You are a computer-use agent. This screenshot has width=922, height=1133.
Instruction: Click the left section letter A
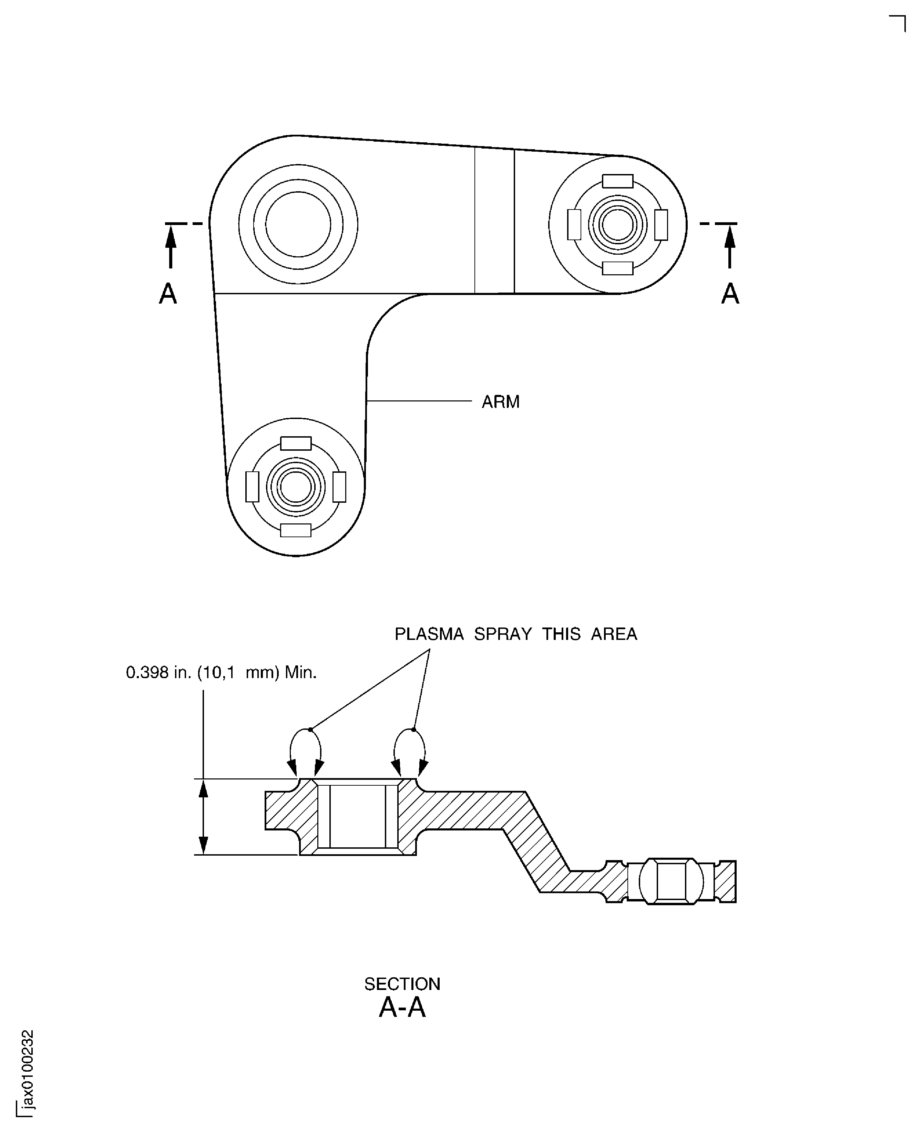(x=168, y=293)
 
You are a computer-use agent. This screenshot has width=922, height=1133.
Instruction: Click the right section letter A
(x=730, y=293)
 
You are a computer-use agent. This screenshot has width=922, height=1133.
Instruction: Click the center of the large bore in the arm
(x=298, y=224)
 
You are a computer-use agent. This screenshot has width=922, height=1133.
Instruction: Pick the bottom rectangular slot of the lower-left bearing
(x=296, y=530)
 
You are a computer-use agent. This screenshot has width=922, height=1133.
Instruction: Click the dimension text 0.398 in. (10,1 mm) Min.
(x=221, y=673)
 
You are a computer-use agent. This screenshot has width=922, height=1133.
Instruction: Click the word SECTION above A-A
(x=402, y=984)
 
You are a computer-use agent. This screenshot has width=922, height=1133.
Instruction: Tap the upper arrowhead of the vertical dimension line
(x=203, y=789)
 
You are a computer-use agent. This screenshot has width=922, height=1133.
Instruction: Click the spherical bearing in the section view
(x=671, y=881)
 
